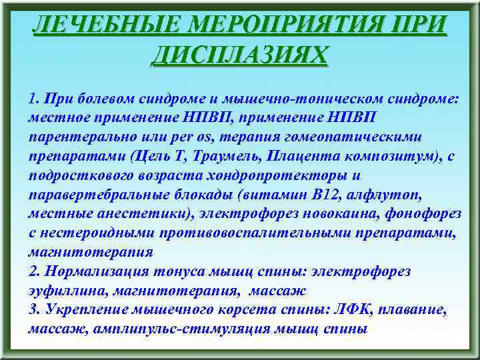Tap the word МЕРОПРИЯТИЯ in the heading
click(293, 25)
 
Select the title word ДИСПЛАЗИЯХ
click(239, 54)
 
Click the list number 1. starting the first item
click(34, 99)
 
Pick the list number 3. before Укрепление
click(34, 310)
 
